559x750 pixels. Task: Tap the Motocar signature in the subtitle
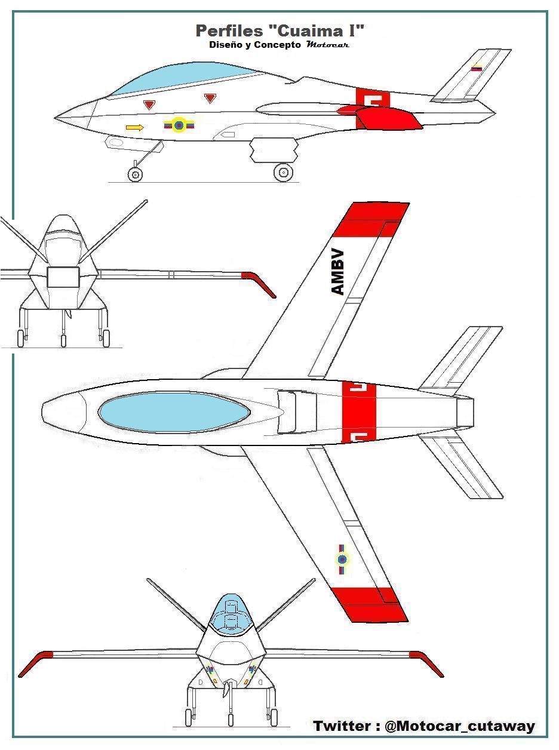coord(327,45)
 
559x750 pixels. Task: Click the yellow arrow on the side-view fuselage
coord(135,127)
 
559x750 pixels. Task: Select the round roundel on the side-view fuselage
coord(179,125)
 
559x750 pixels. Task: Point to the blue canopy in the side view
coord(185,78)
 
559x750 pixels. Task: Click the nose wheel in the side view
coord(136,174)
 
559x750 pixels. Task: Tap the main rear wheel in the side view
coord(284,173)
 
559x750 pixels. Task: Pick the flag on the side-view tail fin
coord(477,69)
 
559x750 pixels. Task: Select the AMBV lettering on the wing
coord(337,272)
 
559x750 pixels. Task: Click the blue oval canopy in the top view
coord(173,412)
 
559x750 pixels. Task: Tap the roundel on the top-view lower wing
coord(342,559)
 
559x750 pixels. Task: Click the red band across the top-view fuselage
coord(358,412)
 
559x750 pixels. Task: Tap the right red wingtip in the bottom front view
coord(429,663)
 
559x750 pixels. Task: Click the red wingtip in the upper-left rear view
coord(260,282)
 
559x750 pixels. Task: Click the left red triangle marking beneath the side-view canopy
coord(149,105)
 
